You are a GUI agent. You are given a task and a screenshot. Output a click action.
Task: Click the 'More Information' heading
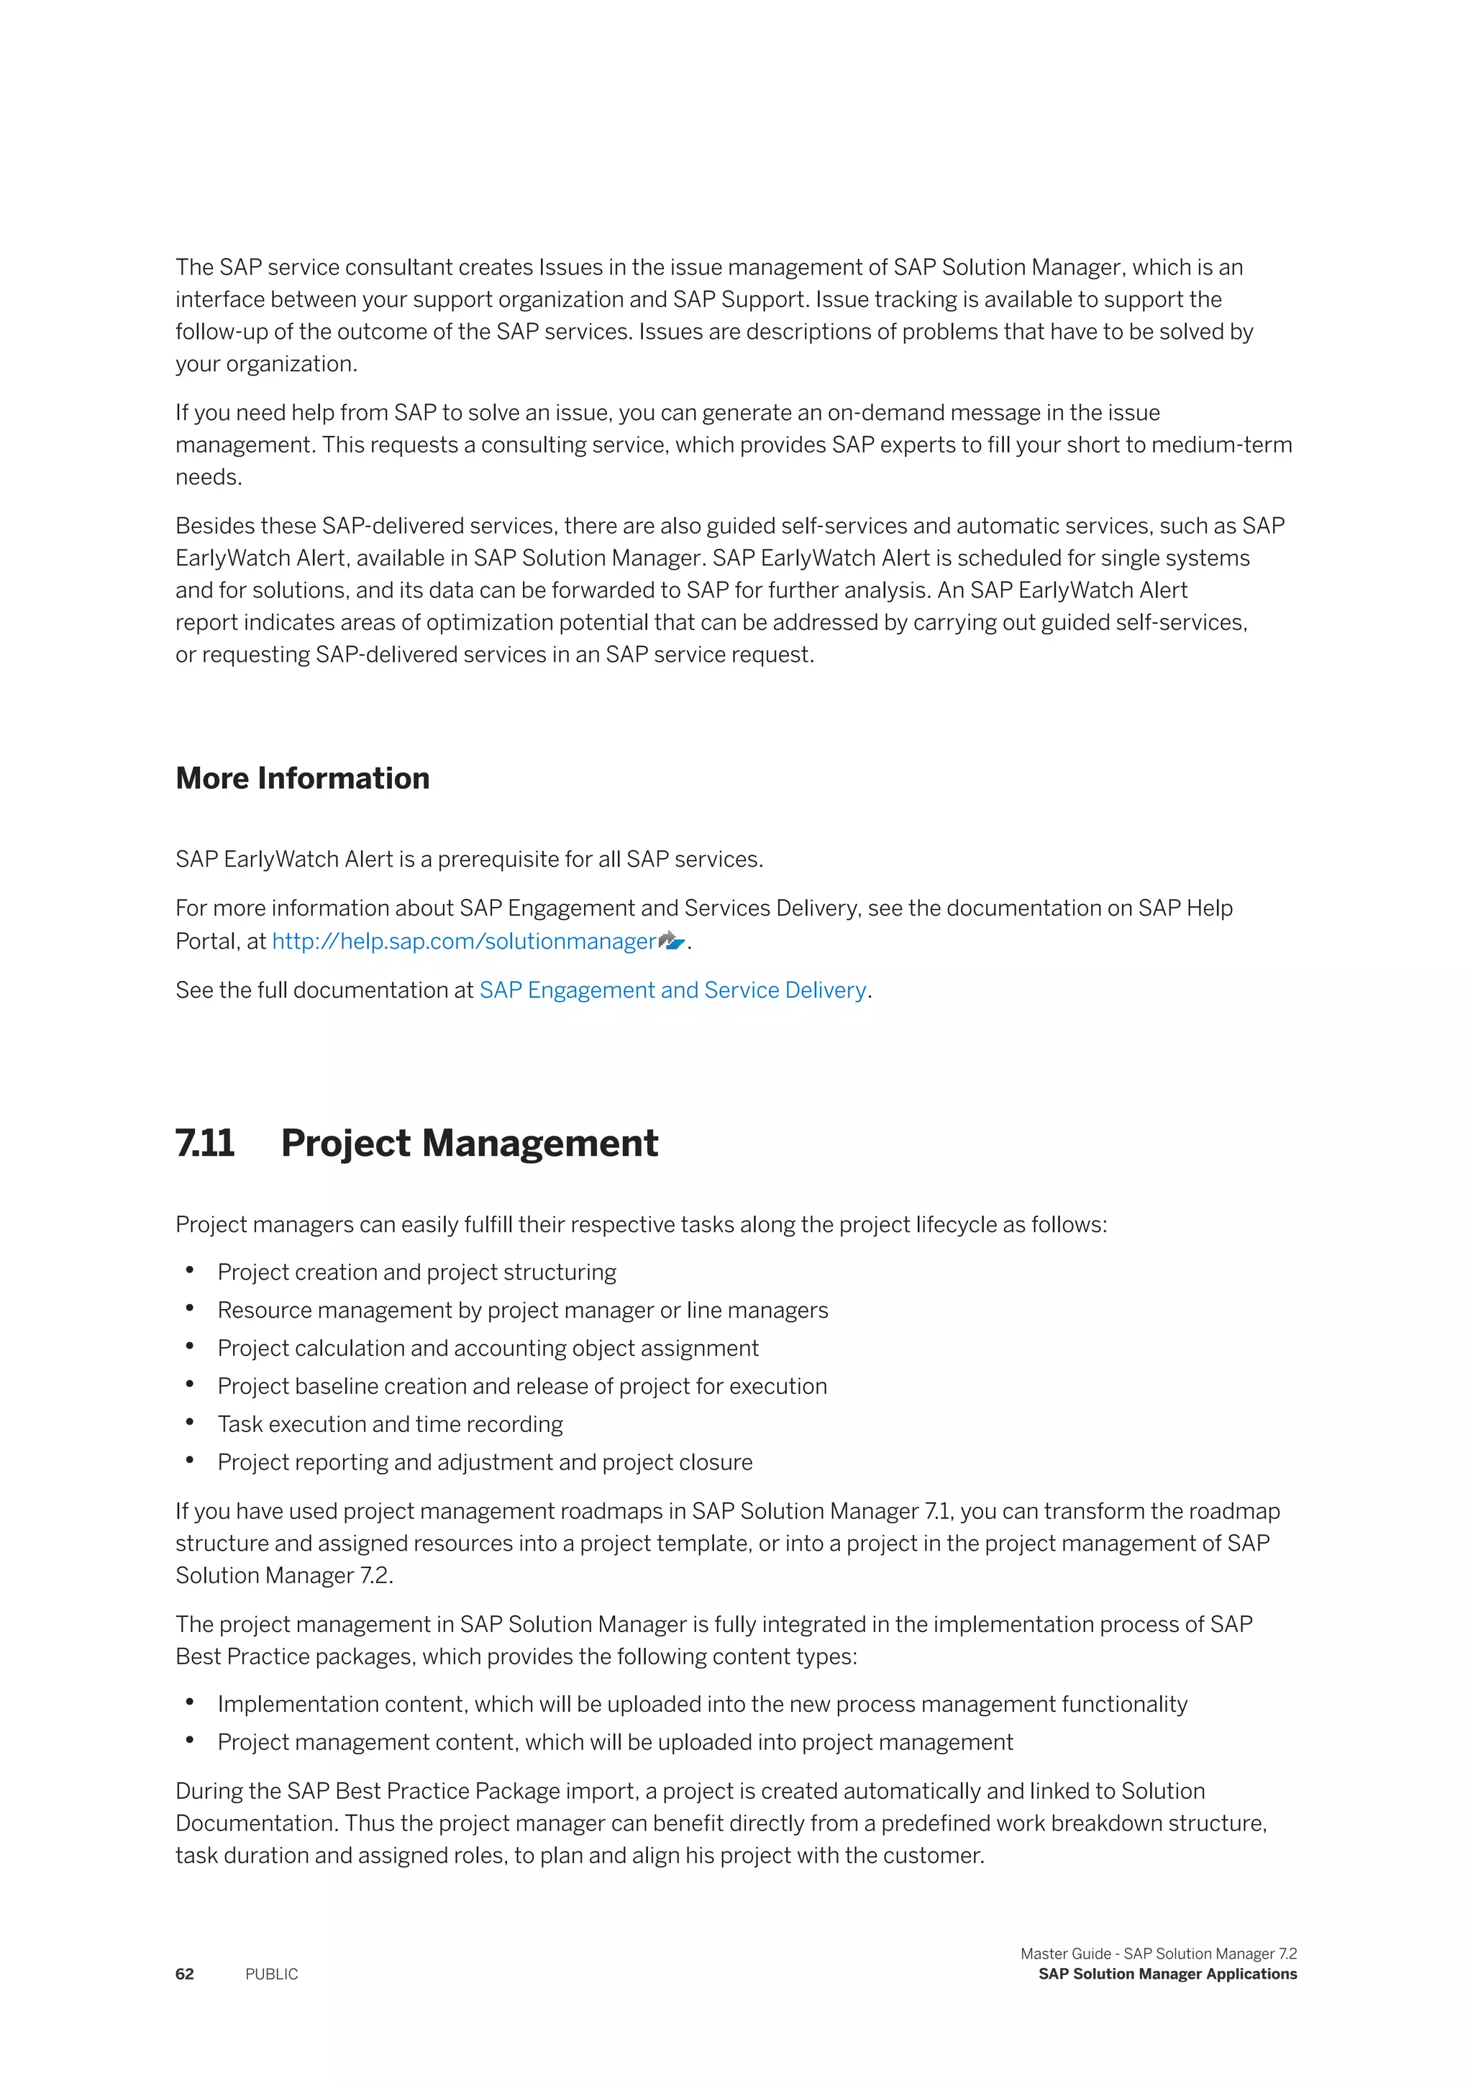pos(302,778)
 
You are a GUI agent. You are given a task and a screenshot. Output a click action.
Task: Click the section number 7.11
pos(205,1143)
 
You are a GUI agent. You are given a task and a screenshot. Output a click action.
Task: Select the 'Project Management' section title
pos(469,1143)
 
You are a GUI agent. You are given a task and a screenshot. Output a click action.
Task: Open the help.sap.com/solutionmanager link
pos(463,941)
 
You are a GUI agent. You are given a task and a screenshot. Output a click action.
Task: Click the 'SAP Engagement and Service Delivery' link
pos(672,990)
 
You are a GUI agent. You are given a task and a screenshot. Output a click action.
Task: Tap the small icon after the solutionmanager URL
pos(671,941)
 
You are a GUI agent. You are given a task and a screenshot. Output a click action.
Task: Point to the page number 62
pos(185,1974)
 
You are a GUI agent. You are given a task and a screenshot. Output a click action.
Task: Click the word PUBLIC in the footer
pos(271,1974)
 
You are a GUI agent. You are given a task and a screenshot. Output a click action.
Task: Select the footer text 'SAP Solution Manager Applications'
pos(1167,1974)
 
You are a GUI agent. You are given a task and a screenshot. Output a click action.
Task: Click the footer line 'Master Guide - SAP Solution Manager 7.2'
pos(1158,1954)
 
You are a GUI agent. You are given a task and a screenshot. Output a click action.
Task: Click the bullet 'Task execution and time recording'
pos(390,1424)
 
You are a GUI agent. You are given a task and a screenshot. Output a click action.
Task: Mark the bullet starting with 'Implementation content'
pos(702,1704)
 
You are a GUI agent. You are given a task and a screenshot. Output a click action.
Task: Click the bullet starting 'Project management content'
pos(615,1742)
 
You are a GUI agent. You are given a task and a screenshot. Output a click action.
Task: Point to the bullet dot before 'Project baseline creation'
pos(190,1385)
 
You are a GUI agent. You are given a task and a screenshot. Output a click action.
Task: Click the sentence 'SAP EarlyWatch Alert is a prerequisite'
pos(469,859)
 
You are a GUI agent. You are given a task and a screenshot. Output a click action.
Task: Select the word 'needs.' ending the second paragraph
pos(209,477)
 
